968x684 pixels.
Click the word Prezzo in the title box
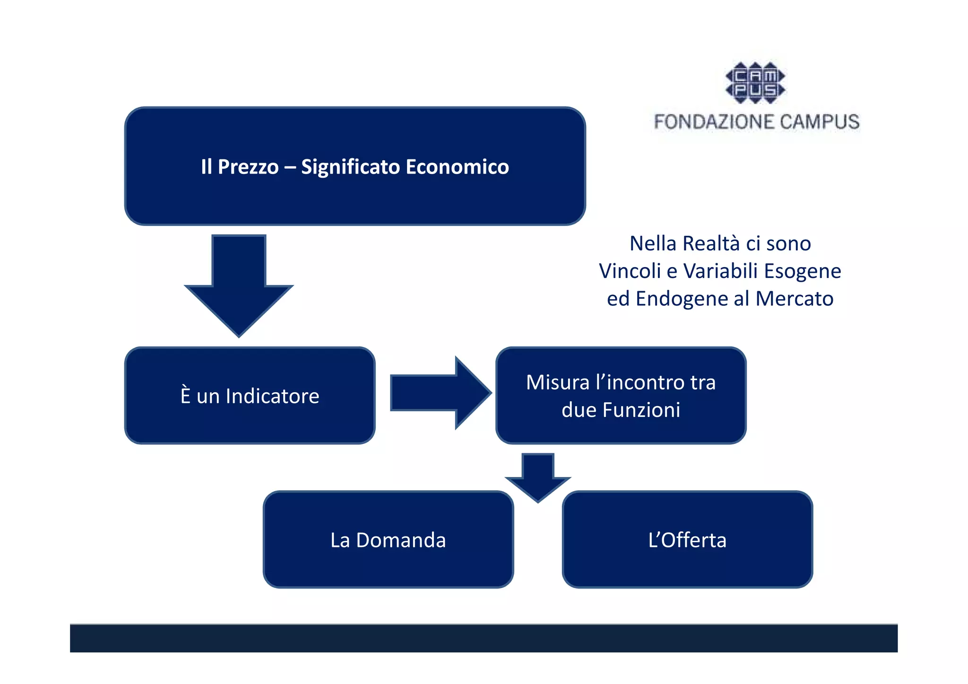(248, 167)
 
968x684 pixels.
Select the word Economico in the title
(457, 167)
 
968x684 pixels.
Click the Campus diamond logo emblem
(755, 83)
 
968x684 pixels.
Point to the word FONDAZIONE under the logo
(714, 122)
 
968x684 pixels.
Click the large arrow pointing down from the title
(239, 284)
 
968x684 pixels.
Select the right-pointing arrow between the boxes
(440, 392)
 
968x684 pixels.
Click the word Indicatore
(272, 396)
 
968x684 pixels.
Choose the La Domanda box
(388, 540)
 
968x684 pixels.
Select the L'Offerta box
(687, 540)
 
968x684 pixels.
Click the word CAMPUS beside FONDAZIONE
(819, 122)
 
